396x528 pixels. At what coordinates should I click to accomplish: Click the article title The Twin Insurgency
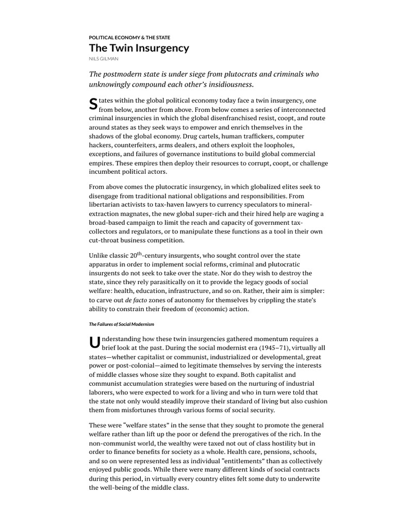pyautogui.click(x=139, y=48)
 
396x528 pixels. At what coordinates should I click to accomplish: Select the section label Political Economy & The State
pyautogui.click(x=129, y=38)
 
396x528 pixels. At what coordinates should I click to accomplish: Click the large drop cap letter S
pyautogui.click(x=93, y=103)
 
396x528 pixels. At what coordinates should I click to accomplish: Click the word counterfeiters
pyautogui.click(x=135, y=146)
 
